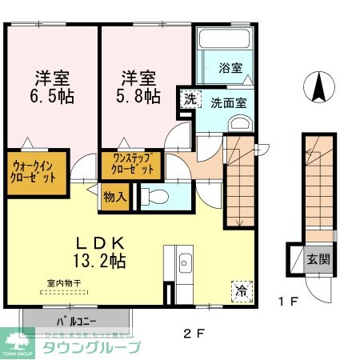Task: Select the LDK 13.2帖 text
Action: [x=99, y=250]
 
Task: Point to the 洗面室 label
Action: [x=229, y=103]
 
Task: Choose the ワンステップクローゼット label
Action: [x=130, y=166]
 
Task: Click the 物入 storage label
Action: [x=115, y=197]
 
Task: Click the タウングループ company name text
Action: [x=90, y=346]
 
